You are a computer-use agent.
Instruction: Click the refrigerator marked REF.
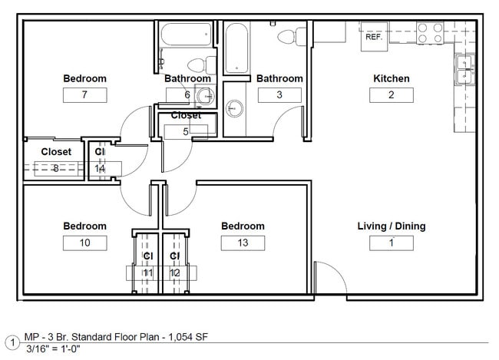374,36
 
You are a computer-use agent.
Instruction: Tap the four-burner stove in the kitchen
431,32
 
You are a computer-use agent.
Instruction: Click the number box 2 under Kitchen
391,94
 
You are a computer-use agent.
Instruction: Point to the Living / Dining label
391,226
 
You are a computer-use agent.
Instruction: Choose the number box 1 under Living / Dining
391,243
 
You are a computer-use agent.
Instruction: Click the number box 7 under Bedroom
84,94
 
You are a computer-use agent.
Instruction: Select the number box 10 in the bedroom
84,243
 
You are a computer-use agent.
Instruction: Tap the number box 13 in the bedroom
243,243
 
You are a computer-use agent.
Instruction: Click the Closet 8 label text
56,152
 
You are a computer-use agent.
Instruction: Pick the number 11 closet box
147,272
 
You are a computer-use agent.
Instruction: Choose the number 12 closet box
175,272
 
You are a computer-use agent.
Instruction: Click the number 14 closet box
100,168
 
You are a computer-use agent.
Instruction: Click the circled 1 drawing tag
12,342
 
